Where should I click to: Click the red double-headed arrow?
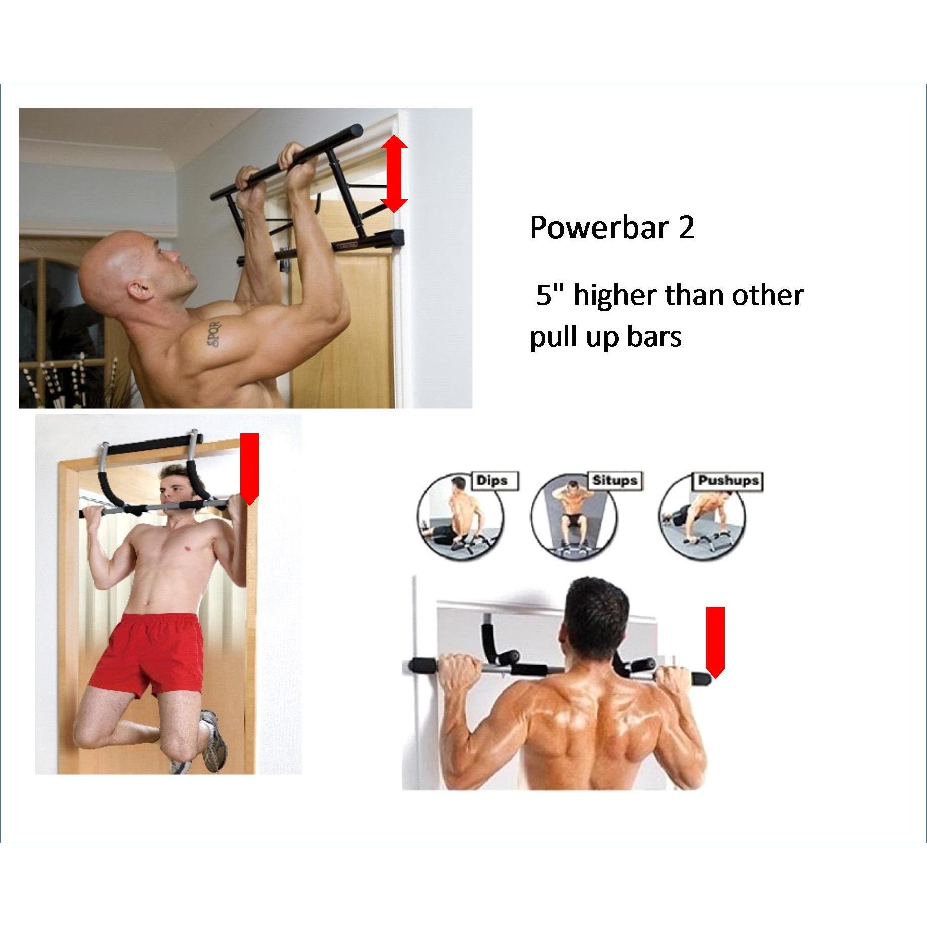pos(394,172)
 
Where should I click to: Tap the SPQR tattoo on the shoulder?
pos(214,332)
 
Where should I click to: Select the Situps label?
pos(614,480)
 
